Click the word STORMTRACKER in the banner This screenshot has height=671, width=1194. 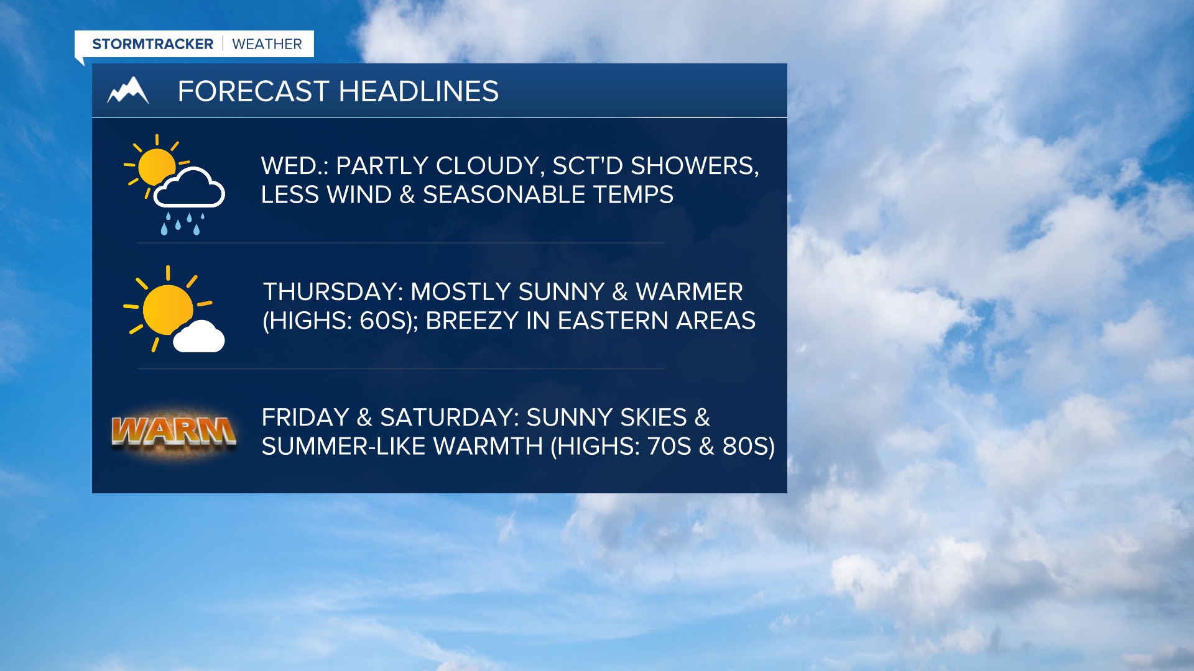click(152, 44)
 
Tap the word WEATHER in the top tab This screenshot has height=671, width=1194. click(267, 44)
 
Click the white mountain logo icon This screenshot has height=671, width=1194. click(128, 90)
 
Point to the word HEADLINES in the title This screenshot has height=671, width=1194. click(419, 91)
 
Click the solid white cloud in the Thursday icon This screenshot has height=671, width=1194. click(198, 337)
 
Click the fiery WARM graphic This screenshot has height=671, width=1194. click(174, 431)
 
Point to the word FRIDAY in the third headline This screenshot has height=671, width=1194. click(305, 418)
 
